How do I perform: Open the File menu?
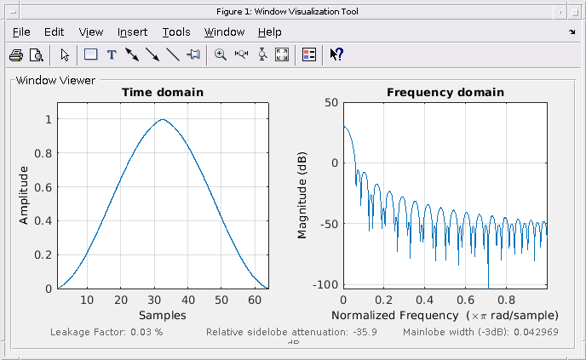click(x=21, y=32)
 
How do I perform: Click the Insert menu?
click(x=132, y=32)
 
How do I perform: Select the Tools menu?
click(x=176, y=32)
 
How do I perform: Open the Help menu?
click(x=269, y=32)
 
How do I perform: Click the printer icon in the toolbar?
click(x=16, y=55)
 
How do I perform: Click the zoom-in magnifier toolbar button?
click(x=220, y=55)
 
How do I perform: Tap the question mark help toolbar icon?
click(x=336, y=55)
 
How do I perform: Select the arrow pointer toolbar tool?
click(x=66, y=55)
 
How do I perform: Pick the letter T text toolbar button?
click(x=111, y=55)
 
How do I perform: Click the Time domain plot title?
click(x=163, y=92)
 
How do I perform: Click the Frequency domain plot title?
click(x=445, y=92)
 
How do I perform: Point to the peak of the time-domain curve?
click(x=163, y=119)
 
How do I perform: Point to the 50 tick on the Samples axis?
click(x=221, y=300)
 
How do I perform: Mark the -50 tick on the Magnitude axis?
click(x=328, y=224)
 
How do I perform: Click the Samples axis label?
click(x=163, y=315)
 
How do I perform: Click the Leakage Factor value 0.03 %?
click(x=146, y=331)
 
